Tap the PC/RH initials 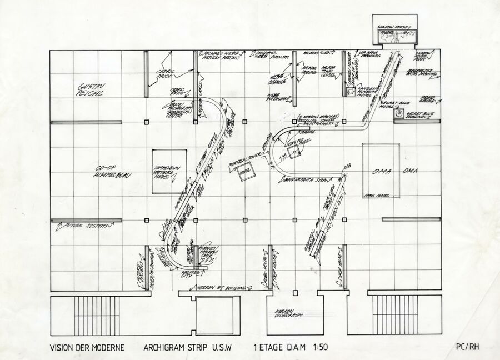click(466, 347)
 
